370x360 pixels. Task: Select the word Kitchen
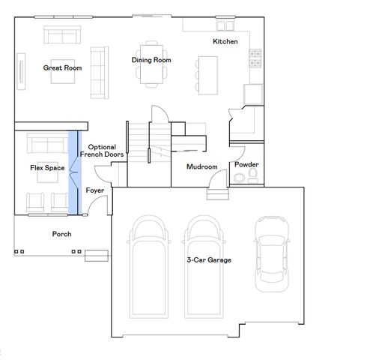point(225,41)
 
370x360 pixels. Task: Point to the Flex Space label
point(46,167)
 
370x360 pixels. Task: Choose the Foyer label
point(94,191)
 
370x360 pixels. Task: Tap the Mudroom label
point(202,166)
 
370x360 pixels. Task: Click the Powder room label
point(246,163)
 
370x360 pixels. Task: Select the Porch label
point(62,234)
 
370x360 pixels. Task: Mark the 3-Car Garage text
point(209,259)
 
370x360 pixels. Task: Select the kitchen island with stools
point(207,73)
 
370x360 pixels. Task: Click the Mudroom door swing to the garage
point(218,180)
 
